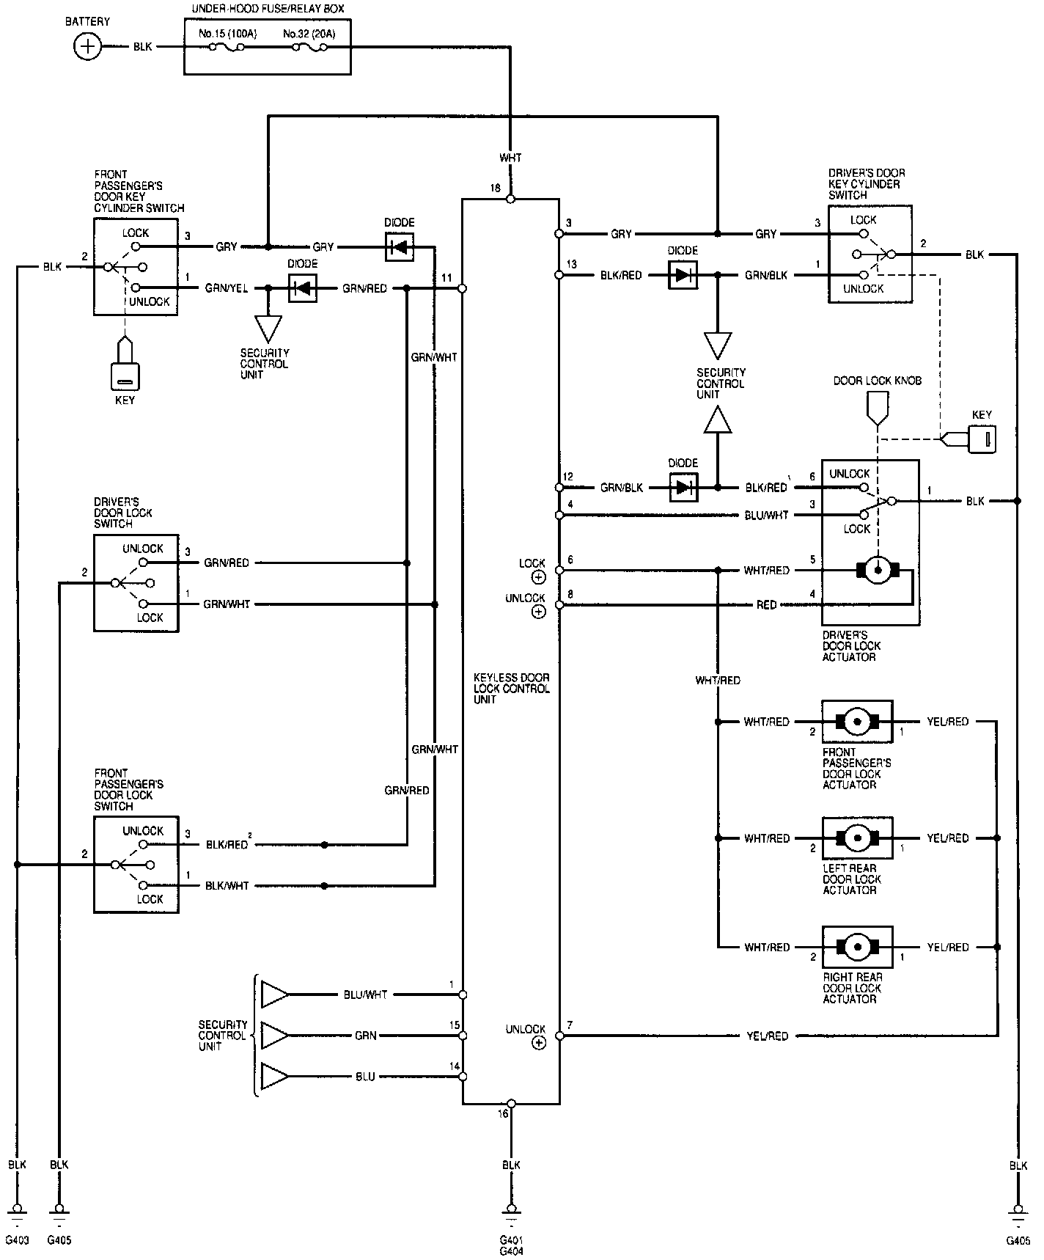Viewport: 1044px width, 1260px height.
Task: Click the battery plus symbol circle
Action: (x=87, y=48)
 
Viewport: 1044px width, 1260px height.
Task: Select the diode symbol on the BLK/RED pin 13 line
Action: (x=683, y=276)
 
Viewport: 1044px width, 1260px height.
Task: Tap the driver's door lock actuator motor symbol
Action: (x=878, y=570)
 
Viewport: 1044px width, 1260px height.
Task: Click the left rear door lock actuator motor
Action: (x=856, y=838)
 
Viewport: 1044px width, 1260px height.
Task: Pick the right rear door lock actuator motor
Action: (x=856, y=947)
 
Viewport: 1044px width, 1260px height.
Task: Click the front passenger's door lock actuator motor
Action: (x=856, y=722)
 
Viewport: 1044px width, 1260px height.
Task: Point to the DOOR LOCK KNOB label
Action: (x=877, y=381)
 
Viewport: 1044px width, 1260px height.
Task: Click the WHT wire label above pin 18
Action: (x=510, y=158)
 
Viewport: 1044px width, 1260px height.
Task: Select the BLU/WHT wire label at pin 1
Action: (x=365, y=995)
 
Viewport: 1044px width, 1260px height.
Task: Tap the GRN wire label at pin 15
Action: (x=365, y=1036)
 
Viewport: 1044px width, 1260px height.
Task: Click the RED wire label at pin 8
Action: (x=766, y=605)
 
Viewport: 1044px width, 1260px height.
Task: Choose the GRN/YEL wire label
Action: (x=227, y=288)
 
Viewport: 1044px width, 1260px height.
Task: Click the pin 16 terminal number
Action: (x=503, y=1113)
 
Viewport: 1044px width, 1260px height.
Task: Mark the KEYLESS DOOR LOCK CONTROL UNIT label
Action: (x=512, y=689)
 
